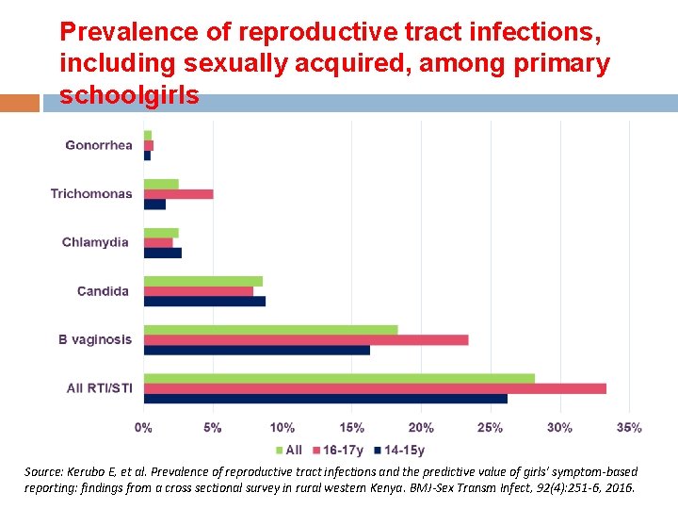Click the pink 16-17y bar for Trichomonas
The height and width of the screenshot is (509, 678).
click(x=178, y=194)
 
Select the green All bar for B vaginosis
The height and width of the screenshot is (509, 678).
click(x=270, y=330)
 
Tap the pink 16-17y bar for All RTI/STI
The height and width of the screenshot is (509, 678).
click(x=375, y=388)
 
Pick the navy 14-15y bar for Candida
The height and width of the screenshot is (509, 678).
click(x=204, y=302)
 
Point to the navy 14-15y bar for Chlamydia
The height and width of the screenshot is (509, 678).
click(x=162, y=253)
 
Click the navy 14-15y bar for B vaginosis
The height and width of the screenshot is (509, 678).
click(x=256, y=350)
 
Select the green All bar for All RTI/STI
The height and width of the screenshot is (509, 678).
click(x=339, y=378)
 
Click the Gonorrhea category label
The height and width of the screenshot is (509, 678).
click(x=99, y=145)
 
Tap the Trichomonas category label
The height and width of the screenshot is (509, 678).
click(x=91, y=194)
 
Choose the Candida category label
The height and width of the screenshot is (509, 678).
click(x=103, y=291)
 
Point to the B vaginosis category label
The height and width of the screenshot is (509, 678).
click(x=95, y=339)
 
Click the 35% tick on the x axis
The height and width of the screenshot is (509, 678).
click(x=629, y=428)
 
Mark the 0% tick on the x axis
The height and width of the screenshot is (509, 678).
click(x=143, y=428)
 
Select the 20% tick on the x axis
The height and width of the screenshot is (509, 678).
click(x=421, y=428)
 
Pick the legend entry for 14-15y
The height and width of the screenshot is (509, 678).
click(x=399, y=451)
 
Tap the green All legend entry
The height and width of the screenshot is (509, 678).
click(x=288, y=451)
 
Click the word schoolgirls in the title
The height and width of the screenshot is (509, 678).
click(x=129, y=96)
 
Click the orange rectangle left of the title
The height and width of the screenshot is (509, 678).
click(x=20, y=103)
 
